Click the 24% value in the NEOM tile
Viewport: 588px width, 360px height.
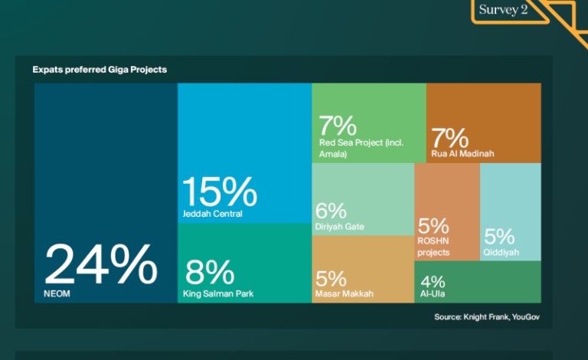(101, 264)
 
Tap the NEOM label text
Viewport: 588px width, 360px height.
(57, 293)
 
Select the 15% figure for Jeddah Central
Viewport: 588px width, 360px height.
(220, 192)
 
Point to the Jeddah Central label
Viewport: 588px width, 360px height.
(212, 214)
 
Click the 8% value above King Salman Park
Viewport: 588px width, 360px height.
(210, 272)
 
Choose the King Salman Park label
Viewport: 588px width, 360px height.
(218, 293)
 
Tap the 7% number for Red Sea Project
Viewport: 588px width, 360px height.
(338, 126)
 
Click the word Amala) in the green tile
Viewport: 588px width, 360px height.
(333, 154)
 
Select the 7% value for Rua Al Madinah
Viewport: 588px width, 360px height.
(449, 138)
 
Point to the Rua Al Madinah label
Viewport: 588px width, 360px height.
(462, 153)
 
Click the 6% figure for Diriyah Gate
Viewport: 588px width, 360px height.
(331, 211)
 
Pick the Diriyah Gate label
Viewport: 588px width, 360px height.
(340, 227)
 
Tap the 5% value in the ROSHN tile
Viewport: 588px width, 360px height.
(433, 226)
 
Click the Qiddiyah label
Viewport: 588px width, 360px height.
(501, 252)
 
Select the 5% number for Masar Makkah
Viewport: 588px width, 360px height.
(331, 279)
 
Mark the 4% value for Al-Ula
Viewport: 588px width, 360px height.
(433, 282)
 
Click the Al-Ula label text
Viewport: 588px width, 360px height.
(433, 293)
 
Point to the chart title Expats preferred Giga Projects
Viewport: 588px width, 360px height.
(100, 70)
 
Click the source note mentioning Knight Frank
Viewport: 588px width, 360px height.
(487, 317)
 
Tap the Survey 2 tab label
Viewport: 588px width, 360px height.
(503, 9)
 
